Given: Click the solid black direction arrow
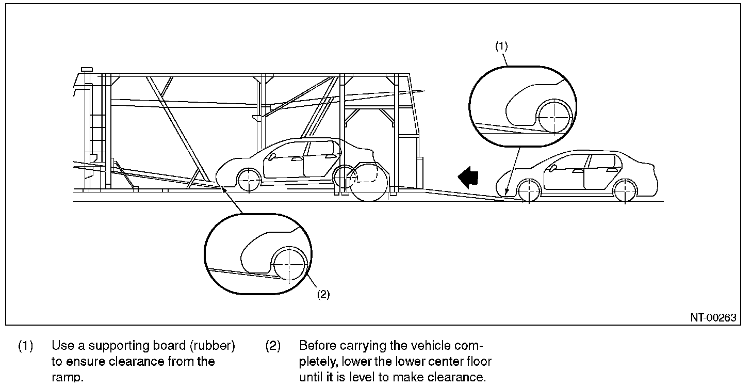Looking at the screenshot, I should (x=468, y=178).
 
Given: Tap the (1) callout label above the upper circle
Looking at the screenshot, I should (x=501, y=46).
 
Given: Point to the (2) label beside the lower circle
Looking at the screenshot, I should (x=323, y=294).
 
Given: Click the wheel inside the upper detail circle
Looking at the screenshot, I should (x=553, y=117).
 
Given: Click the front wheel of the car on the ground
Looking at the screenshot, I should (x=530, y=191).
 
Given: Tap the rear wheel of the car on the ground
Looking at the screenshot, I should (x=624, y=191).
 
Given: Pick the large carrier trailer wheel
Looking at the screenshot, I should (x=369, y=182).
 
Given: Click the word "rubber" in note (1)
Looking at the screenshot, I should (x=214, y=346).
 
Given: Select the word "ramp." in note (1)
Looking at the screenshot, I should (x=67, y=377).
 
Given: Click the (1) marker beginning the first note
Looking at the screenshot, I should (x=25, y=346).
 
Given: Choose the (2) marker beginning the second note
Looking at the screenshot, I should (x=273, y=346).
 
